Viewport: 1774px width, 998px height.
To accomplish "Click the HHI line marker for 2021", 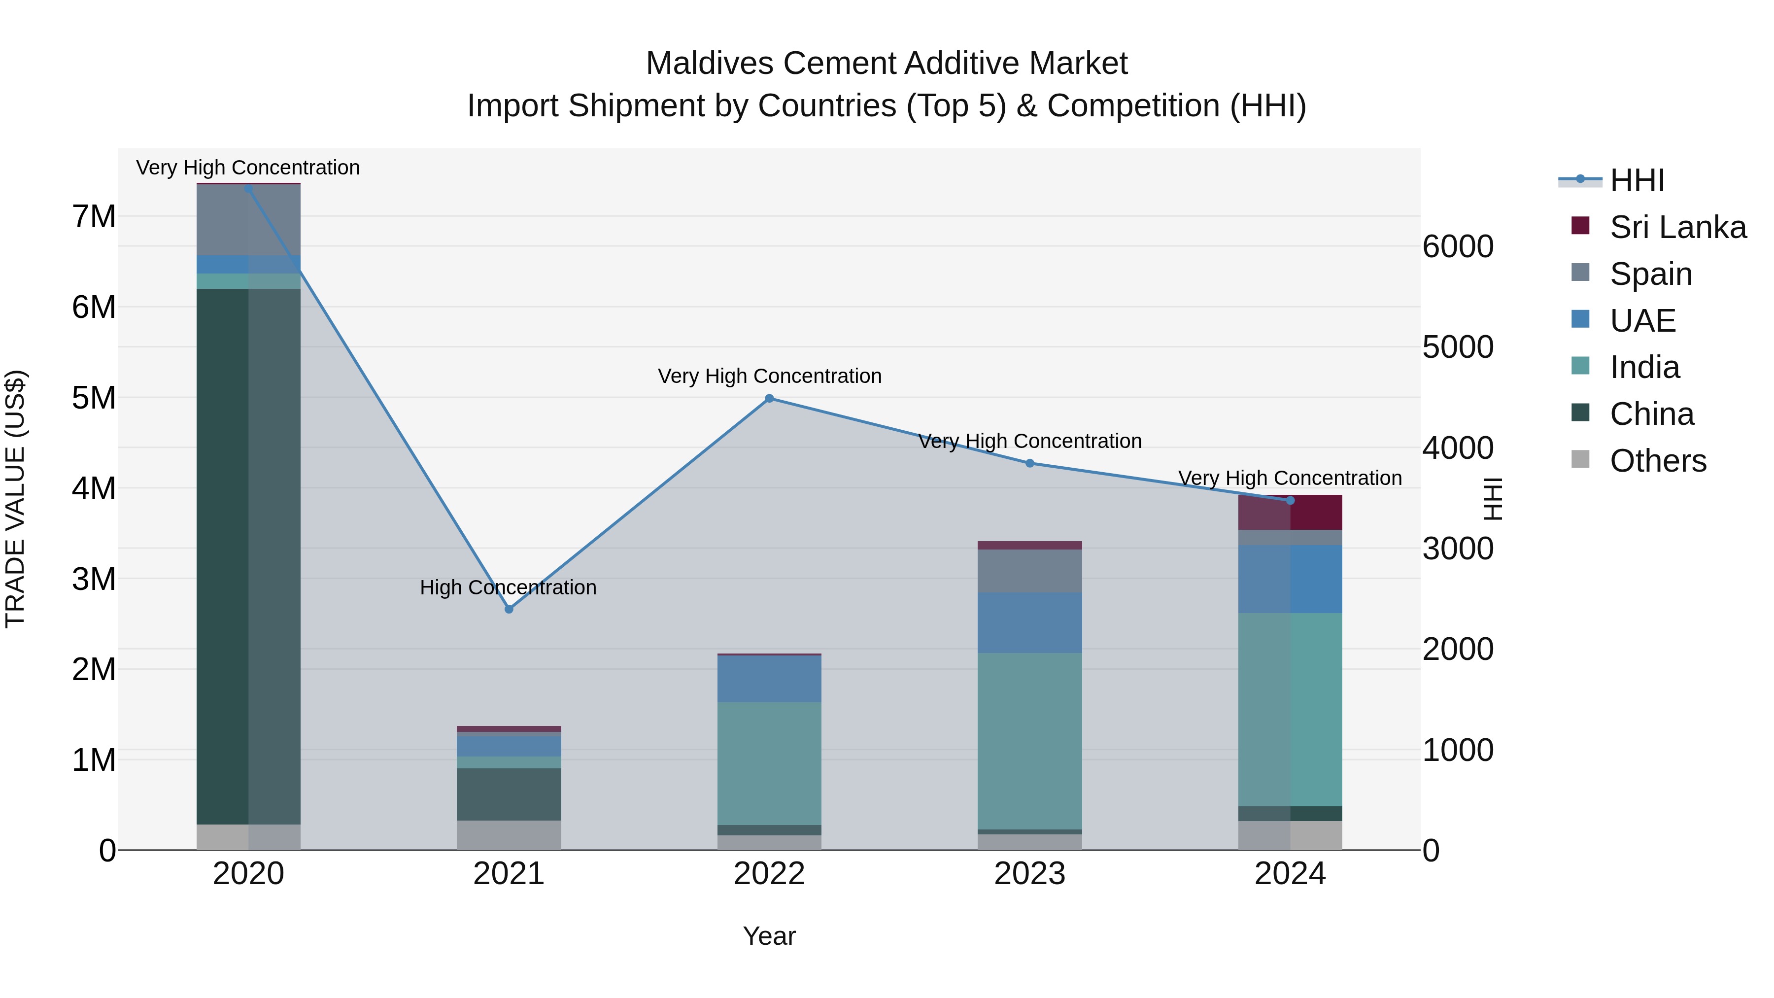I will tap(509, 609).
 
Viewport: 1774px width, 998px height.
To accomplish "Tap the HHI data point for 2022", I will tap(769, 398).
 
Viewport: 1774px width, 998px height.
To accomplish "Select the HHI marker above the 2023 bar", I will tap(1029, 463).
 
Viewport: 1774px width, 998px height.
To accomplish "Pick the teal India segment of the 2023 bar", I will tap(1029, 740).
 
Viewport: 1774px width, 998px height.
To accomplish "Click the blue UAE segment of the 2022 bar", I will tap(769, 679).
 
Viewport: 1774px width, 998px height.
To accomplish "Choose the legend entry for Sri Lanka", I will tap(1677, 227).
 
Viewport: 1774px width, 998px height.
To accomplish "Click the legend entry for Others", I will tap(1658, 461).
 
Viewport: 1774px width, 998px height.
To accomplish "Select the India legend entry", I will tap(1644, 367).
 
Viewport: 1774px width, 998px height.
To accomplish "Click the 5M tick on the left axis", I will tap(94, 397).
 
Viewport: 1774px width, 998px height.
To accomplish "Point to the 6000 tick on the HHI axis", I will tap(1458, 246).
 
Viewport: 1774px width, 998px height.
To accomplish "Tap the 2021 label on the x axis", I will tap(509, 874).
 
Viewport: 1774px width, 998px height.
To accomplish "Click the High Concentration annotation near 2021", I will tap(508, 587).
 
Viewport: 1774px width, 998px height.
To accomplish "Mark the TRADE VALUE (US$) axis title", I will tap(16, 499).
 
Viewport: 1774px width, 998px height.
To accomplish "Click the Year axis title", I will tap(769, 936).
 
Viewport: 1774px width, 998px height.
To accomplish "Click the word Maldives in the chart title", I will tap(709, 64).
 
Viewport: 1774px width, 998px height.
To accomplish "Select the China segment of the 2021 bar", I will tap(509, 794).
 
